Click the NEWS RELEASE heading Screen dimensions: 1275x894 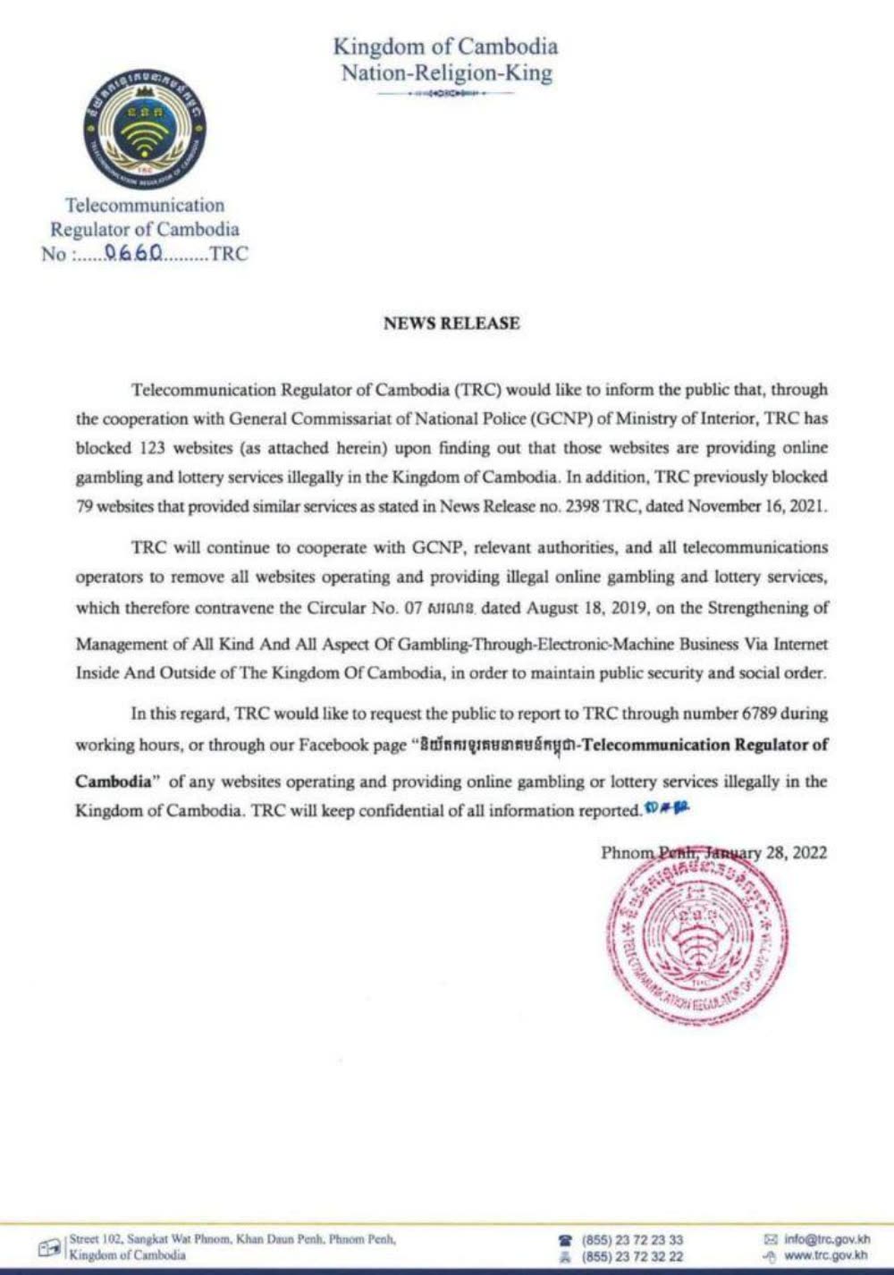coord(451,324)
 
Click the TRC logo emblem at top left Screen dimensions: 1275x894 coord(145,128)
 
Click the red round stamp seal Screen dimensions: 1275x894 coord(696,938)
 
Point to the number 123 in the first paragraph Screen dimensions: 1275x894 coord(156,447)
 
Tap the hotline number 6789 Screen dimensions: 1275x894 coord(759,713)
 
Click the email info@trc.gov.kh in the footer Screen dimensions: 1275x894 coord(826,1239)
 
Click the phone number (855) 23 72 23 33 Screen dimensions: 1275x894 coord(632,1240)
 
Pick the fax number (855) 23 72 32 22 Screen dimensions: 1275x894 coord(632,1256)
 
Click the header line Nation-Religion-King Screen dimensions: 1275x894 coord(446,73)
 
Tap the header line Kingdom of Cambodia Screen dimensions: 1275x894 coord(445,46)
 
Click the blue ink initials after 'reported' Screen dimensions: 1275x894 coord(666,809)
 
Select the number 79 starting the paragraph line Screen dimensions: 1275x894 coord(84,506)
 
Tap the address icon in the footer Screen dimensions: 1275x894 coord(50,1247)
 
